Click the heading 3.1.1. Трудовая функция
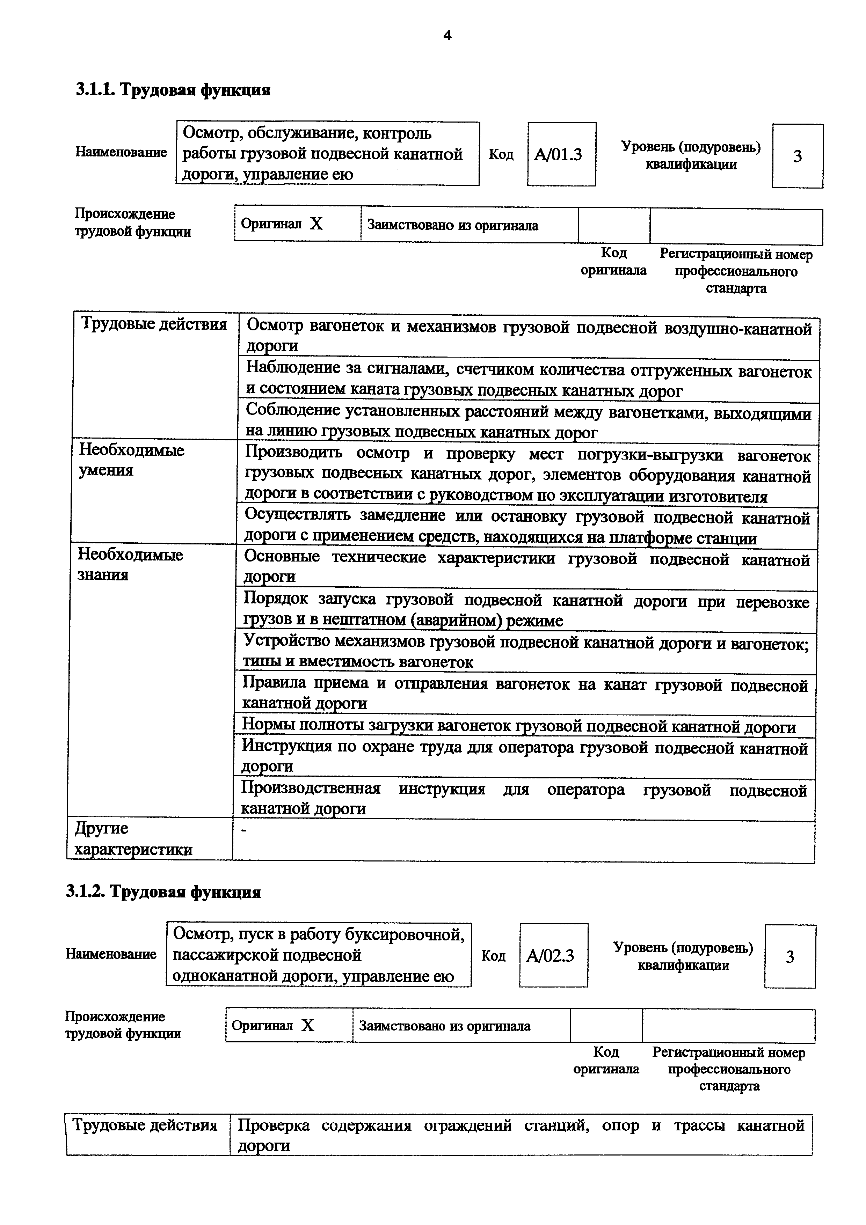coord(173,90)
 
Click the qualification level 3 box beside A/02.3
coord(790,956)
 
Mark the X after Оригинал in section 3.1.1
coord(316,223)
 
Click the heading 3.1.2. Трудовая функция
coord(163,892)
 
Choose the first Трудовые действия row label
coord(154,324)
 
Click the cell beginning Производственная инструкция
coord(524,798)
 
